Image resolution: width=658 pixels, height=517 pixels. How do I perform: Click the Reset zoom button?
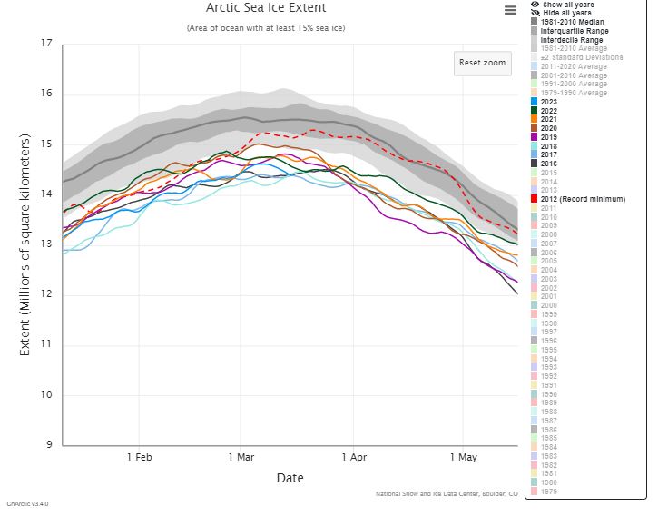[x=482, y=64]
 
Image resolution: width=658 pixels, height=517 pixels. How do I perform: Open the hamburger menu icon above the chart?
[x=510, y=10]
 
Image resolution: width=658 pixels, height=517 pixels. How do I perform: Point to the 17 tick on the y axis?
[x=46, y=44]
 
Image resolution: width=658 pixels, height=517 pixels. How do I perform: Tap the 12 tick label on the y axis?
[x=46, y=294]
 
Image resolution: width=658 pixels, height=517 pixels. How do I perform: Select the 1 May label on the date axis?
[x=464, y=457]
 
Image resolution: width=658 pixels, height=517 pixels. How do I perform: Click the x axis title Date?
[x=290, y=478]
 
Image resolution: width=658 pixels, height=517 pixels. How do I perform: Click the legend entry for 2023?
[x=548, y=102]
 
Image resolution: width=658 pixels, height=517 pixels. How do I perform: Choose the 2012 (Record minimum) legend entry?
[x=582, y=198]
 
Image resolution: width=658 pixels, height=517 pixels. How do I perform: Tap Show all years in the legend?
[x=568, y=5]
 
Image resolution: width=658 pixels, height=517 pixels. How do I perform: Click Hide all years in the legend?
[x=567, y=13]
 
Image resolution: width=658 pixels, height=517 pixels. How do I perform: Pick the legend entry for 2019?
[x=548, y=136]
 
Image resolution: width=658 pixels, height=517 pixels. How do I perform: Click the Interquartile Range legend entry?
[x=575, y=31]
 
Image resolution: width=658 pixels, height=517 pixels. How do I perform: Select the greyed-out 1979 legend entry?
[x=548, y=491]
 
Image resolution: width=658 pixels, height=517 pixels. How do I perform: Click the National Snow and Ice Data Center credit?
[x=447, y=494]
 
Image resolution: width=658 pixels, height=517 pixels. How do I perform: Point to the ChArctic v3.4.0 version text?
[x=27, y=503]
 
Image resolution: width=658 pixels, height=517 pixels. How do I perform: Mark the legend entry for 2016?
[x=548, y=163]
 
